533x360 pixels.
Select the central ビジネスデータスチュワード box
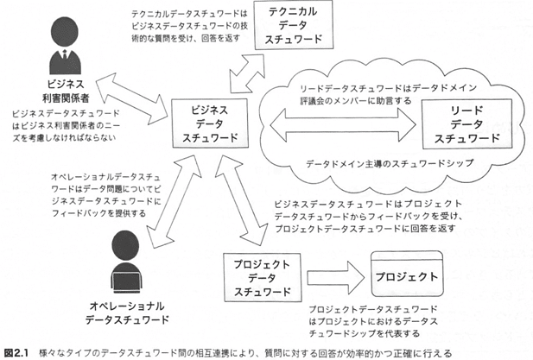pyautogui.click(x=206, y=124)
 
